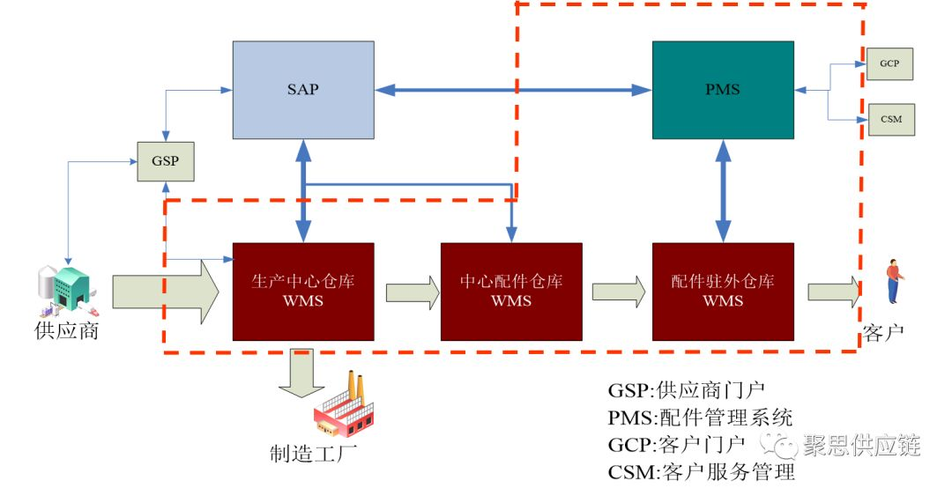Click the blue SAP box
[302, 90]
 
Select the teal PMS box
[722, 90]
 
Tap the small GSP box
[165, 162]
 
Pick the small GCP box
[890, 65]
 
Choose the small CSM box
[890, 118]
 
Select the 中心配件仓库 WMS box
[511, 291]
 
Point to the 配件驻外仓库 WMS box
[722, 291]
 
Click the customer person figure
[894, 281]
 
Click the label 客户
[883, 333]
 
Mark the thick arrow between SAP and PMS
[512, 89]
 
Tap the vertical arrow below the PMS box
[723, 190]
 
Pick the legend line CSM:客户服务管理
[701, 471]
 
